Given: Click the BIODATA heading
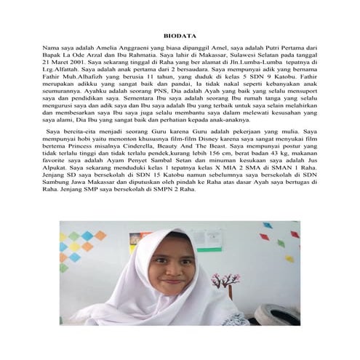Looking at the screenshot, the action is point(180,34).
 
